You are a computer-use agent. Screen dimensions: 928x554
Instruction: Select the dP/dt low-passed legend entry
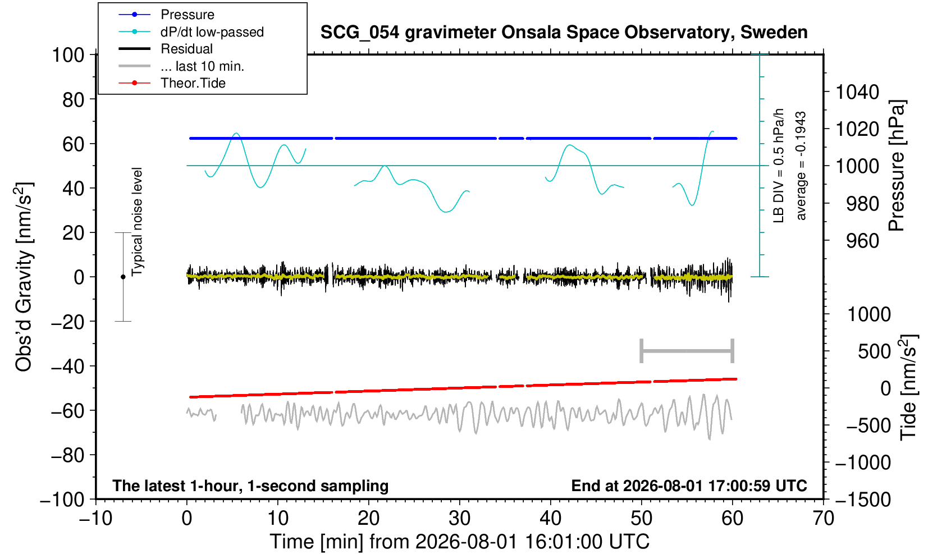tap(191, 32)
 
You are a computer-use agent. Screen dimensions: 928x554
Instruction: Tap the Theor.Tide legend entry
tap(172, 83)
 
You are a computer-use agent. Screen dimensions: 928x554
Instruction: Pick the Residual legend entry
tap(166, 49)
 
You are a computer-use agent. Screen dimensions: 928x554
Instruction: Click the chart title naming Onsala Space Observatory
tap(564, 33)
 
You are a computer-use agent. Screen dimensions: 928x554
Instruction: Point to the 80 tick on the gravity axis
tap(74, 99)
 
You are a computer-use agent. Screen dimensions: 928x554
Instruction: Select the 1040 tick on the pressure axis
tap(857, 92)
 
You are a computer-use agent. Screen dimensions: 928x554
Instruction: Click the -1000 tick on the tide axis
tap(863, 463)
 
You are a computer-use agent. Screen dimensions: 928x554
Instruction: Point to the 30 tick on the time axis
tap(459, 519)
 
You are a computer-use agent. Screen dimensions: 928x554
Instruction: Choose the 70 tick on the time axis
tap(823, 519)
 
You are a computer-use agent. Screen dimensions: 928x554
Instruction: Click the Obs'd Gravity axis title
tap(24, 277)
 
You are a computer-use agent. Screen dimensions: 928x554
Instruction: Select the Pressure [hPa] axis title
tap(897, 166)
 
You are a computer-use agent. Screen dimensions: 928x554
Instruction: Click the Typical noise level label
tap(137, 222)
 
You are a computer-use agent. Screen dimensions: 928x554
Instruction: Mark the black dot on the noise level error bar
tap(123, 277)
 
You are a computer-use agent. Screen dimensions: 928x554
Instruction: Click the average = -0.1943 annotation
tap(801, 166)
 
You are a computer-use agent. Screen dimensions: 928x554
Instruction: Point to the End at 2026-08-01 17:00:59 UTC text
tap(689, 486)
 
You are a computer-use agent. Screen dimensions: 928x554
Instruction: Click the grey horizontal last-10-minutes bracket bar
tap(687, 351)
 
